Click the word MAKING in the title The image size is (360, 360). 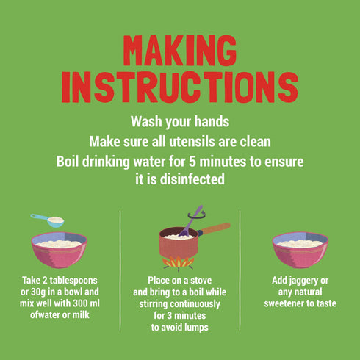(180, 51)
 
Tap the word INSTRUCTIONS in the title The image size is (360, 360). (180, 87)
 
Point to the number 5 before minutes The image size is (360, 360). (192, 162)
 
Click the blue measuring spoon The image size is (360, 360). (48, 220)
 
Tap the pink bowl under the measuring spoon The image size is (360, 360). (59, 250)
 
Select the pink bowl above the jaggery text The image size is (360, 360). (300, 250)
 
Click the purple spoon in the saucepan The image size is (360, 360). (190, 221)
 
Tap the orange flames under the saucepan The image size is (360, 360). (179, 263)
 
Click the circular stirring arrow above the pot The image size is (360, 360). (197, 215)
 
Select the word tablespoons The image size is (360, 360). (73, 281)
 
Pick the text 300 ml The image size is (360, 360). (86, 303)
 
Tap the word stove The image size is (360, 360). (201, 281)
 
